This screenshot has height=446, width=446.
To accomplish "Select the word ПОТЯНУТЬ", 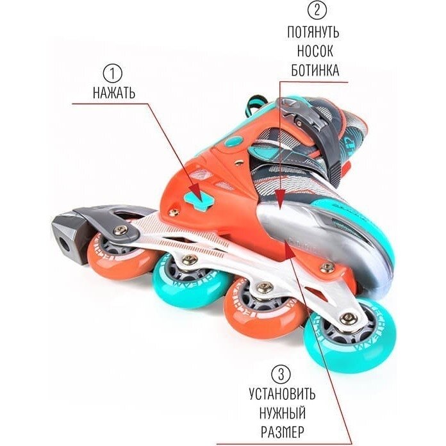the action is [x=314, y=32].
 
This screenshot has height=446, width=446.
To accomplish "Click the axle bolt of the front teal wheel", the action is [x=349, y=317].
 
